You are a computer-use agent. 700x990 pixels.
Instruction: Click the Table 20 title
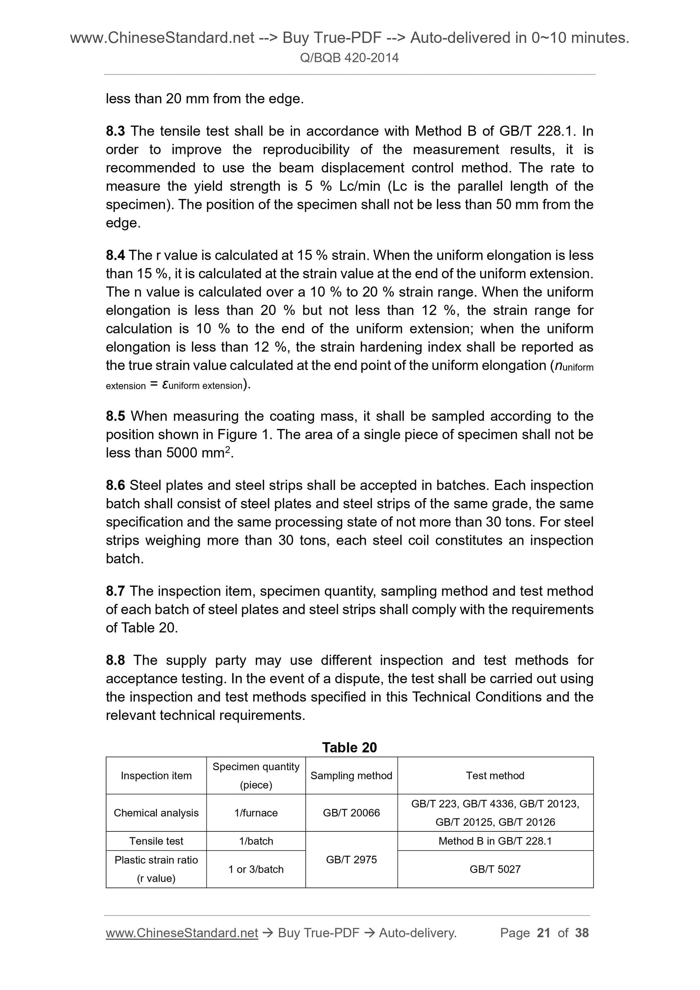pos(349,747)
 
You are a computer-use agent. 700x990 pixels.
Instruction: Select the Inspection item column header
pos(156,776)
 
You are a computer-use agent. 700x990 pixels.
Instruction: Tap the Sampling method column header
pos(351,776)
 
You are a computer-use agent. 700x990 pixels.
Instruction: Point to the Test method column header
pos(495,776)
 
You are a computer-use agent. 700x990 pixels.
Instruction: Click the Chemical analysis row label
pos(156,813)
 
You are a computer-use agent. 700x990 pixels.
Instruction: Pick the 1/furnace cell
pos(256,813)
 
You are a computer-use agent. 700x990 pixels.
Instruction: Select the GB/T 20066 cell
pos(351,813)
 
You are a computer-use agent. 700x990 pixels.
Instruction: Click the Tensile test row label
pos(156,841)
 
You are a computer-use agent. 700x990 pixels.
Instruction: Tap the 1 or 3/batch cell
pos(256,869)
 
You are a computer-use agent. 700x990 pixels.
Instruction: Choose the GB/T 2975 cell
pos(351,859)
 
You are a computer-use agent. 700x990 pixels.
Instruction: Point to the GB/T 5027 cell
pos(495,869)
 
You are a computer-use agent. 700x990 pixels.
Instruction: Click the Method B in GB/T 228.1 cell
pos(495,841)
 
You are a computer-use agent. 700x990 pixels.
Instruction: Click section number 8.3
pos(115,131)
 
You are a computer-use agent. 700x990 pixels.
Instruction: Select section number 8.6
pos(115,485)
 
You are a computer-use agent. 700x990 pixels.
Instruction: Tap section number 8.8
pos(115,660)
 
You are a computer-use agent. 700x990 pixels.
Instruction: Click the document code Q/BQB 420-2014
pos(349,58)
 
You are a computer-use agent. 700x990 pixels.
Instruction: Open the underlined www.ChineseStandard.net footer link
pos(182,933)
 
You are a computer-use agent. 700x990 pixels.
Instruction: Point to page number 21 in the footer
pos(544,933)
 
